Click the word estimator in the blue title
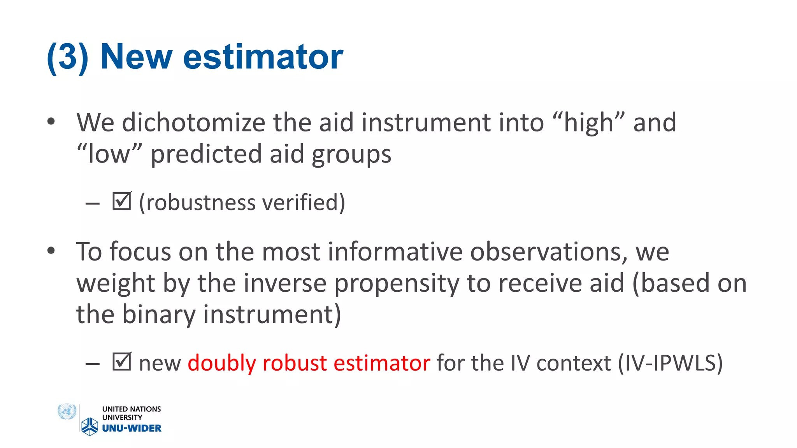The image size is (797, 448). click(x=263, y=57)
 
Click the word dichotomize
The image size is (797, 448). click(x=193, y=123)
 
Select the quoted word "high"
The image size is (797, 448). click(x=588, y=123)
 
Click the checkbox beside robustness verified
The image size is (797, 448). click(x=121, y=201)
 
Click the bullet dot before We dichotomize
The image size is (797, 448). click(x=51, y=122)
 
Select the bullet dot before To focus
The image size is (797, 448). click(x=51, y=251)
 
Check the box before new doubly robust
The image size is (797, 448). click(x=121, y=361)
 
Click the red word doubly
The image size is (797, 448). click(x=221, y=363)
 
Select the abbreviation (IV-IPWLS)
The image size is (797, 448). click(x=670, y=363)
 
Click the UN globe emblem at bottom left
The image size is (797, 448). click(x=67, y=411)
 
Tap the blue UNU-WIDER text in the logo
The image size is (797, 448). click(x=132, y=428)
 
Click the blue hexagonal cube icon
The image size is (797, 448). click(x=90, y=426)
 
